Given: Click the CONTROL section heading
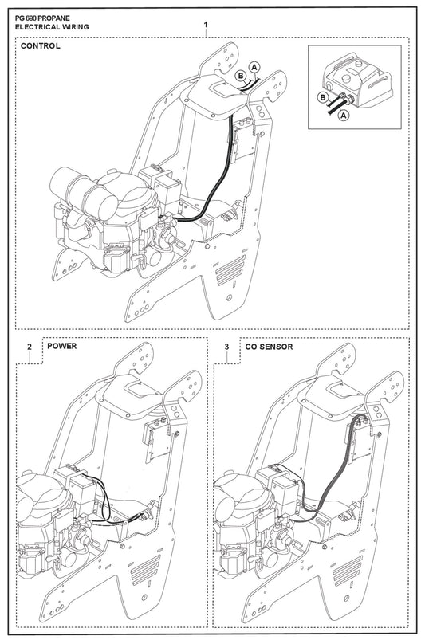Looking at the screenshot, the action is click(40, 45).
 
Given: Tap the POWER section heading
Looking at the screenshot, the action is click(61, 346).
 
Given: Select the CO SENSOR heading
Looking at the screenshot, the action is click(269, 347).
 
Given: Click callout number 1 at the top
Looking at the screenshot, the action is click(206, 25).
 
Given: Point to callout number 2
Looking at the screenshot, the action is click(30, 347).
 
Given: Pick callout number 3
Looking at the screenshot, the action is click(227, 347).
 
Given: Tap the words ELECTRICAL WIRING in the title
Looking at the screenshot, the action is click(52, 27).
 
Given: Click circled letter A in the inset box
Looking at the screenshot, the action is click(344, 115).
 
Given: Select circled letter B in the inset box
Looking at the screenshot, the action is click(323, 97).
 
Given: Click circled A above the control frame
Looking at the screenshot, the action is click(254, 66).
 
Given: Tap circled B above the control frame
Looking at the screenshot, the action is click(241, 76).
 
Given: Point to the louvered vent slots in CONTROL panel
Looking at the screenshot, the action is click(231, 270).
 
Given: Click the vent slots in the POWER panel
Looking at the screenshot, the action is click(146, 570).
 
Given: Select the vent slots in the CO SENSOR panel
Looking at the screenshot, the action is click(348, 570).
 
